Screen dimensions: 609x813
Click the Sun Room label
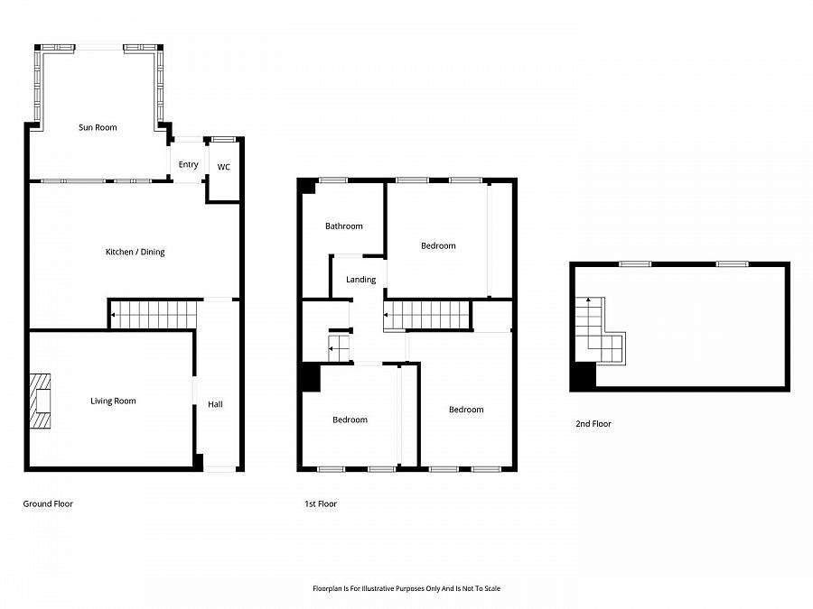coord(98,128)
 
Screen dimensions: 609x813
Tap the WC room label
coord(223,166)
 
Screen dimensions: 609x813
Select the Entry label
coord(188,164)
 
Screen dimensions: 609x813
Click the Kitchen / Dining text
coord(135,252)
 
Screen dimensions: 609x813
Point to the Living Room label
coord(113,401)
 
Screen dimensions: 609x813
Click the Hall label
coord(215,404)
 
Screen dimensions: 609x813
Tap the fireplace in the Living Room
coord(41,401)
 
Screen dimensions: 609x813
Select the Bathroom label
coord(343,226)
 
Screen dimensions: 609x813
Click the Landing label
coord(360,280)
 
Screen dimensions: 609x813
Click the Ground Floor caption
coord(48,503)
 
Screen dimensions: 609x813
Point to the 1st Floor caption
coord(321,503)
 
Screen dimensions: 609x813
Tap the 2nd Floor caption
coord(593,423)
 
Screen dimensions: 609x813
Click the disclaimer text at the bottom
coord(406,588)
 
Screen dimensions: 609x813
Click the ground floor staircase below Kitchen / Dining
coord(154,315)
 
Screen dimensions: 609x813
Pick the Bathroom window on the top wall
coord(332,180)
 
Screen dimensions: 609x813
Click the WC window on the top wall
coord(223,138)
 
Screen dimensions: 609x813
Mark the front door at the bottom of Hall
coord(219,468)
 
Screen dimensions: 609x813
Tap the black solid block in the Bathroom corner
coord(307,186)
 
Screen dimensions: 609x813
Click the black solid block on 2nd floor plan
coord(584,374)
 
